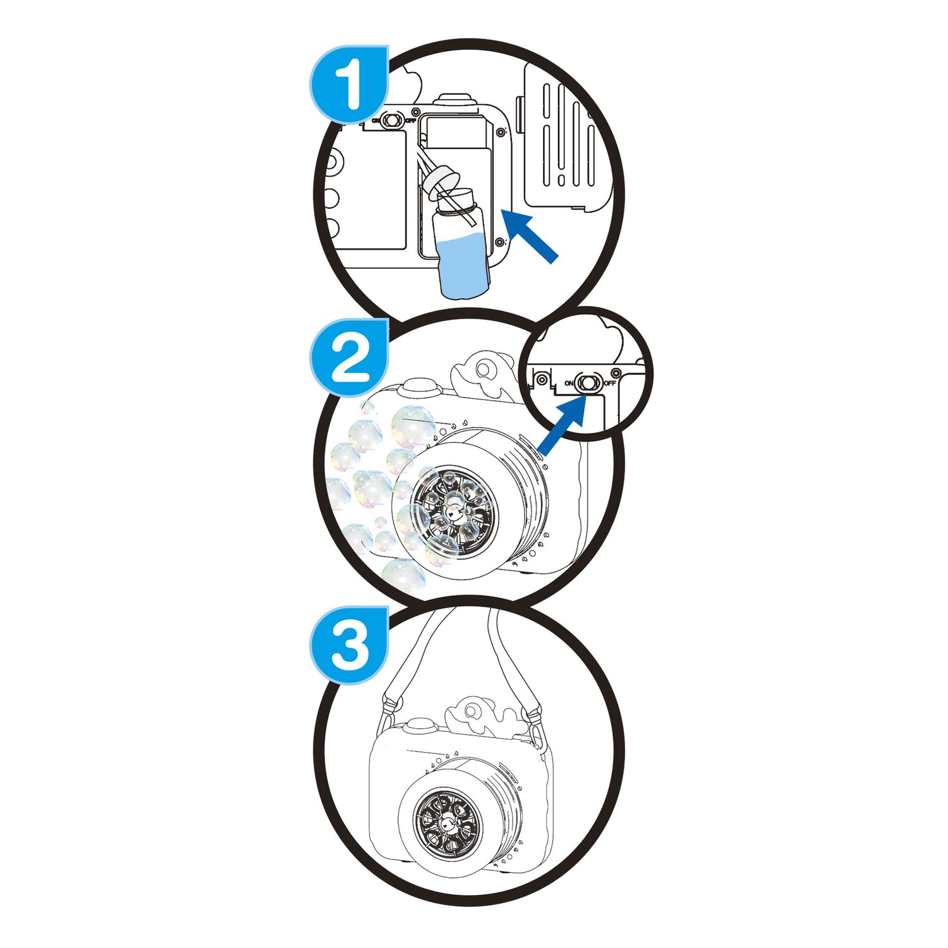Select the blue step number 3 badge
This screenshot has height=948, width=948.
[x=349, y=645]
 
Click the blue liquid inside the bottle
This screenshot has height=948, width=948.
[x=464, y=265]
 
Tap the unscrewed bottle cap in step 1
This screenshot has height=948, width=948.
[x=440, y=181]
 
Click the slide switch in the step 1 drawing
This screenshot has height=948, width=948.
[x=392, y=120]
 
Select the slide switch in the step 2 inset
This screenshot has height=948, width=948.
[x=589, y=383]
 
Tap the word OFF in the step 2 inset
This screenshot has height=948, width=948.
[x=609, y=384]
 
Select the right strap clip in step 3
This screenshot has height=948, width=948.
[x=534, y=720]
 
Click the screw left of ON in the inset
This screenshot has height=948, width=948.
[x=541, y=380]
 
